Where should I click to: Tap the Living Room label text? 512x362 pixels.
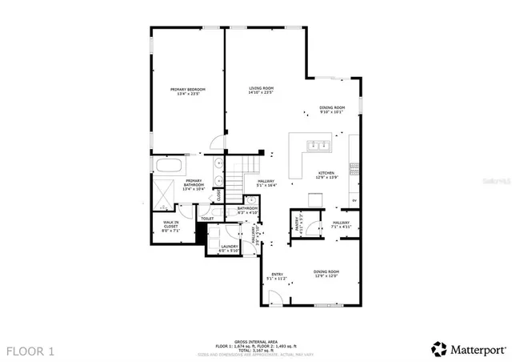tap(261, 90)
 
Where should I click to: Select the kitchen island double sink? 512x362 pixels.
tap(317, 146)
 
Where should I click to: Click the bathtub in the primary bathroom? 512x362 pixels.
tap(169, 167)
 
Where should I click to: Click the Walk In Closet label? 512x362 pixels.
tap(171, 226)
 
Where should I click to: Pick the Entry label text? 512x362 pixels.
tap(277, 276)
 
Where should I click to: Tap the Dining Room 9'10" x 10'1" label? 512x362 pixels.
tap(332, 110)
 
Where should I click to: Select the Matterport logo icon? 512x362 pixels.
tap(439, 348)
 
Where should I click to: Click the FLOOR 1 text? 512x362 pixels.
tap(32, 350)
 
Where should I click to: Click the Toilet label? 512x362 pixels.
tap(206, 219)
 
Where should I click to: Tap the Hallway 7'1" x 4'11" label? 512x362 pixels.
tap(342, 224)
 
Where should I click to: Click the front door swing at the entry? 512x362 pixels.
tap(274, 299)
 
